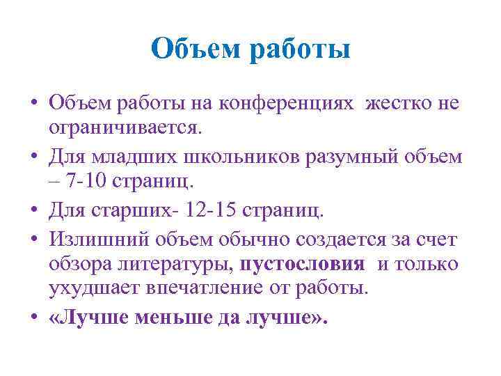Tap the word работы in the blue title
click(301, 50)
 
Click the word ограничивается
click(125, 128)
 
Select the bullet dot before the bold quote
click(34, 317)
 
